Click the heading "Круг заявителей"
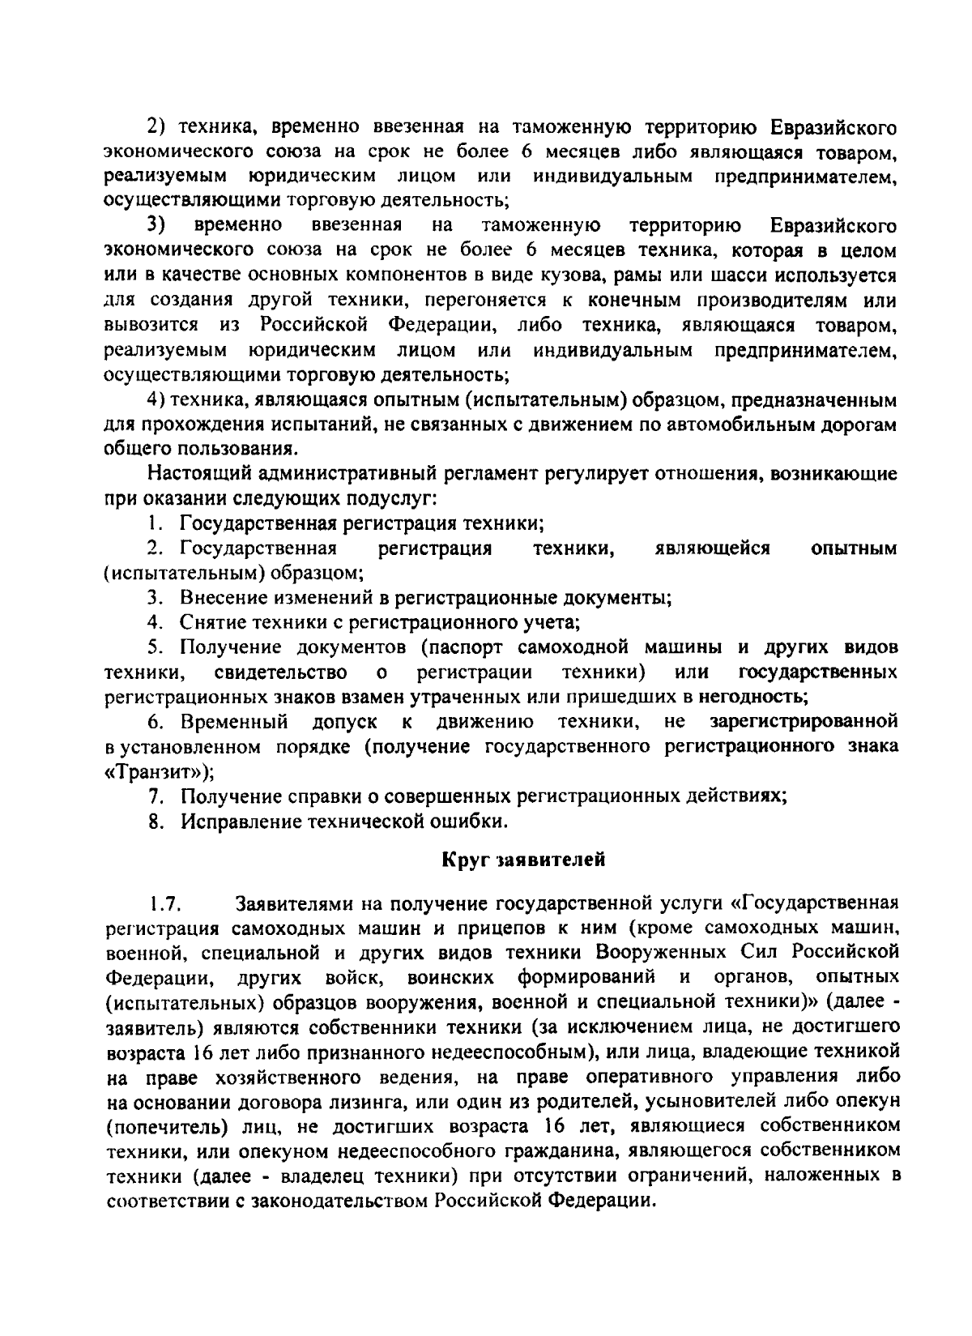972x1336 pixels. (x=524, y=860)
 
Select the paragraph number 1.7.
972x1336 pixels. (x=168, y=903)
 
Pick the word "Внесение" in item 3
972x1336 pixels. (x=220, y=598)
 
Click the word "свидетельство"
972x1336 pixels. (x=282, y=672)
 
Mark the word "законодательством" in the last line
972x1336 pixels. (x=326, y=1201)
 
